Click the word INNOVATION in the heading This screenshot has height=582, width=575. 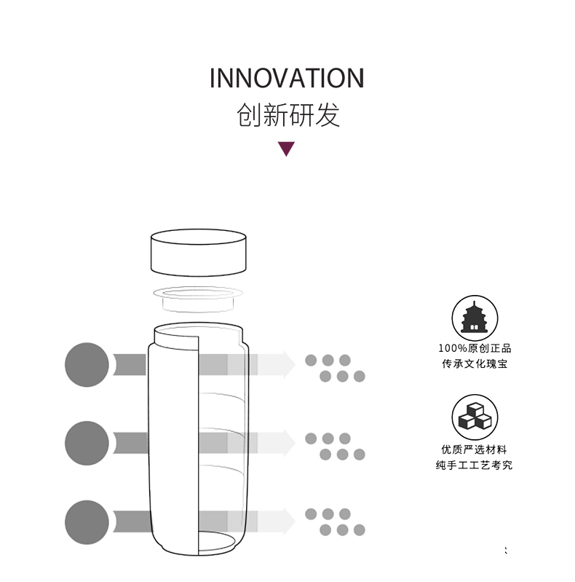[287, 78]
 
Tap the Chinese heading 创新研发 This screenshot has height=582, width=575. [288, 115]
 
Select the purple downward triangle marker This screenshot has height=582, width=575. [287, 149]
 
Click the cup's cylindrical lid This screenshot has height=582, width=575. [199, 252]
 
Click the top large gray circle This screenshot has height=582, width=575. [87, 364]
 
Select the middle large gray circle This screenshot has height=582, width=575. [87, 442]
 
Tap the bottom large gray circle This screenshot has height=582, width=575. [87, 522]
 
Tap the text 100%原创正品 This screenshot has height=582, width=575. [474, 348]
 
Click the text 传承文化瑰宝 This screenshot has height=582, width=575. [474, 363]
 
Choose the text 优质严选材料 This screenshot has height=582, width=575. [474, 449]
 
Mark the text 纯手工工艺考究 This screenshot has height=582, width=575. [474, 465]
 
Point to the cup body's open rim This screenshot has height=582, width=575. [198, 329]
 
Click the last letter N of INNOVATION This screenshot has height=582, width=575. [354, 78]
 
